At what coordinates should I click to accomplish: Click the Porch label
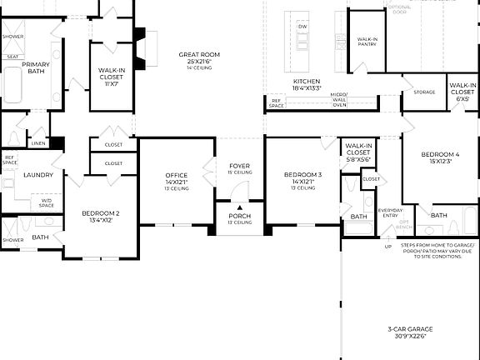(239, 218)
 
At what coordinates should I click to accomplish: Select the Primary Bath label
(37, 68)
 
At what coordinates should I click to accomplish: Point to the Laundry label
(38, 175)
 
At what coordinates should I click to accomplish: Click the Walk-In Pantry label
(368, 42)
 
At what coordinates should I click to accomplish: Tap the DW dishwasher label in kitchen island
(302, 26)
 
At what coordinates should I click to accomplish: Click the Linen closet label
(38, 143)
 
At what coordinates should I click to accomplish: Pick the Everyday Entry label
(388, 213)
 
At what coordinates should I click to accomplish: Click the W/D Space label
(46, 202)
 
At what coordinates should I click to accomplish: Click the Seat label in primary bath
(12, 57)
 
